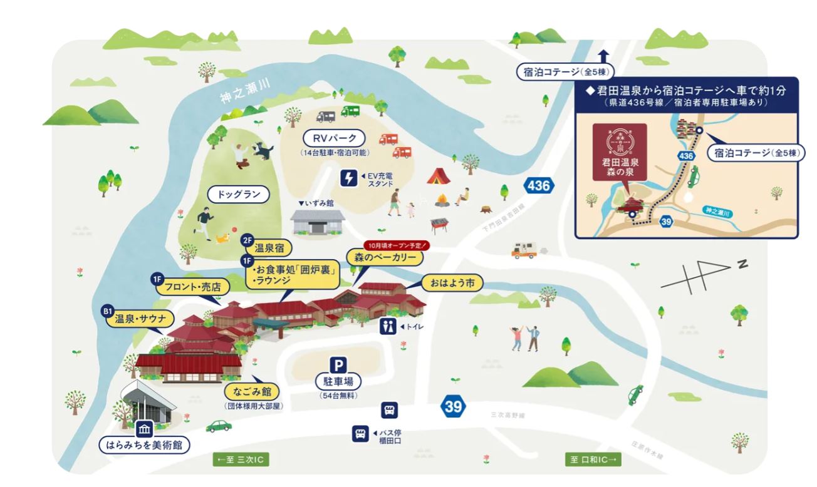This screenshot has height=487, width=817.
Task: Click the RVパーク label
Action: pos(333,138)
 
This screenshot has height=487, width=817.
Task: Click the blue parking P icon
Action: pos(338,364)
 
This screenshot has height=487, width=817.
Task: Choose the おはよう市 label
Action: pos(452,284)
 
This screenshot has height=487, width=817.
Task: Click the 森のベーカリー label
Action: pos(385,258)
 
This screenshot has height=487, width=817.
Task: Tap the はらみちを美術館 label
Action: pos(145,446)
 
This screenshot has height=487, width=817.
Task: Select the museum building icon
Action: pos(145,429)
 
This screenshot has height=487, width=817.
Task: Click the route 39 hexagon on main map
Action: pos(454,406)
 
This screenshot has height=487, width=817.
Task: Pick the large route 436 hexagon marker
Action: pos(538,186)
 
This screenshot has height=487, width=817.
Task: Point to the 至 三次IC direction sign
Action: pos(242,460)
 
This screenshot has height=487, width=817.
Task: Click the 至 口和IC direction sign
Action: pos(593,460)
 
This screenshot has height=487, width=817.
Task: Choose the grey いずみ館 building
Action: pos(318,222)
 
